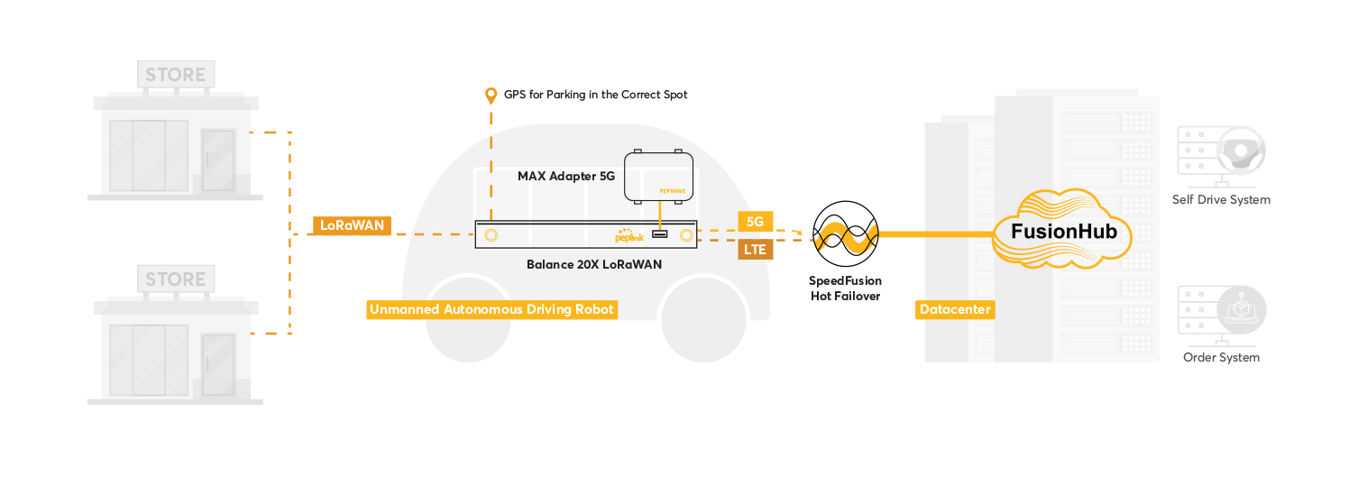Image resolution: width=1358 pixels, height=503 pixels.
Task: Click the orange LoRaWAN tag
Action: (x=352, y=225)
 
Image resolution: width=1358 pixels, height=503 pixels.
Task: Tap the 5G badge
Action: (x=755, y=222)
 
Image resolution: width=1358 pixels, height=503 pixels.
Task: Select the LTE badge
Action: (x=755, y=250)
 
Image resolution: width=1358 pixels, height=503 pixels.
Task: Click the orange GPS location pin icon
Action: (x=491, y=96)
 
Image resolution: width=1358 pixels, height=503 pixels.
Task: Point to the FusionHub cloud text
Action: (x=1064, y=231)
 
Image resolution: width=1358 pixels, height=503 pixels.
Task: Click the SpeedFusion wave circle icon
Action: (x=845, y=234)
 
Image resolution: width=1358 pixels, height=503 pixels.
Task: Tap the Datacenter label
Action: (x=955, y=310)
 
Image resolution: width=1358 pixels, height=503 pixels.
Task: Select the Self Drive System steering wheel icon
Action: (x=1241, y=151)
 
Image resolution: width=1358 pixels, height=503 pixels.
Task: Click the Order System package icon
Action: (x=1241, y=310)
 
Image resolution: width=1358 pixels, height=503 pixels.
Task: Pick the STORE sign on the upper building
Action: (x=176, y=75)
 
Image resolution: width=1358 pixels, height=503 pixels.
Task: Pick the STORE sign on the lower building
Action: (x=176, y=279)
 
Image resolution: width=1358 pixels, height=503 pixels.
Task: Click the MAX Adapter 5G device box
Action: (x=659, y=177)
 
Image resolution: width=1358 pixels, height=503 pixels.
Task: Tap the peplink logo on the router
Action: (x=629, y=236)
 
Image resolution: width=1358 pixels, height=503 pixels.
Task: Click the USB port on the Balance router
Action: (x=659, y=234)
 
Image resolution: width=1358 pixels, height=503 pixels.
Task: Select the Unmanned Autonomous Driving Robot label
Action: (x=491, y=310)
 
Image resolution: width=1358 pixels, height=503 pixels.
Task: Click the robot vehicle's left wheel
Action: (x=468, y=320)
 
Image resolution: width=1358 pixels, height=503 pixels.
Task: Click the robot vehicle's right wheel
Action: (x=703, y=320)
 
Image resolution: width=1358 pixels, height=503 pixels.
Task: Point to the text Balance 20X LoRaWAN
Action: (x=594, y=265)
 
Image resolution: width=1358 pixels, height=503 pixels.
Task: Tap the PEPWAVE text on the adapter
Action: (x=673, y=191)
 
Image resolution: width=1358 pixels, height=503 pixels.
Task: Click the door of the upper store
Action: (x=218, y=160)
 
